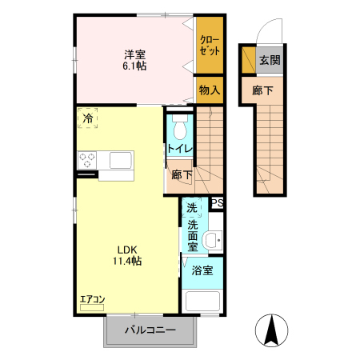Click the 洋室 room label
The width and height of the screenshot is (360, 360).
click(134, 54)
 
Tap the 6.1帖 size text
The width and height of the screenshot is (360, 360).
click(134, 66)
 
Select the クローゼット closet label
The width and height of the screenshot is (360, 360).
click(209, 45)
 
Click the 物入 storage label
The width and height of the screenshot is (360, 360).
click(209, 90)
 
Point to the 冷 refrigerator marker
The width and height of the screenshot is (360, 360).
click(87, 118)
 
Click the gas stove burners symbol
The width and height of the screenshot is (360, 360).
click(87, 158)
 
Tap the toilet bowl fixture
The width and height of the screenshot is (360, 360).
click(179, 128)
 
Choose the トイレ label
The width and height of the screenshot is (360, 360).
click(178, 150)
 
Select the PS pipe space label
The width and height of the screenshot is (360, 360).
click(217, 204)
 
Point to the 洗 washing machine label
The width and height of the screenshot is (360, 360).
click(192, 208)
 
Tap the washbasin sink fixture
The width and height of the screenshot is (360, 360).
click(212, 240)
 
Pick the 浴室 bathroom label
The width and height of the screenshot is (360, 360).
click(202, 271)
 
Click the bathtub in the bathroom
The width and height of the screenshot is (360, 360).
click(203, 303)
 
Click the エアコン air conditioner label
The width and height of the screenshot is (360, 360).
click(92, 300)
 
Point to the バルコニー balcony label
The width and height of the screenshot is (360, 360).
click(150, 330)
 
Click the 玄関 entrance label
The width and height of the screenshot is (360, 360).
click(270, 60)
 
